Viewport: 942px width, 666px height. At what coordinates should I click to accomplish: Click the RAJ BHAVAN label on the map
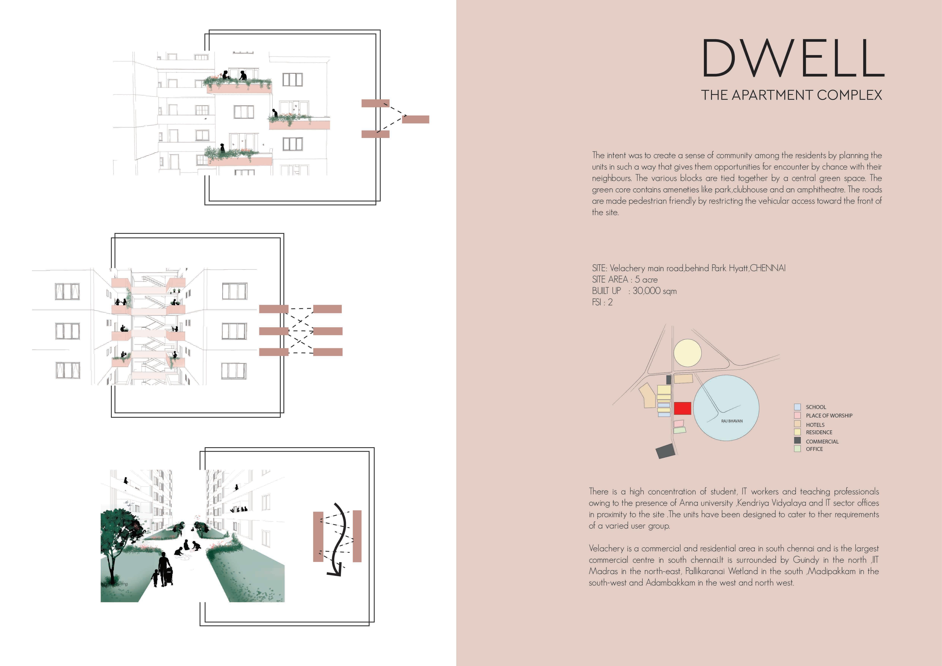(732, 421)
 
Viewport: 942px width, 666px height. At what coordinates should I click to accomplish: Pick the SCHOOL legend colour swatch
(797, 407)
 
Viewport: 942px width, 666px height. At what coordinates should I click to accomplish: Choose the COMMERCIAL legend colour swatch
(797, 440)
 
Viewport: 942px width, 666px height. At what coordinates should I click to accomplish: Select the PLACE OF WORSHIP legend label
(829, 415)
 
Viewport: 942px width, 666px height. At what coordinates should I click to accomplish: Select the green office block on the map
(679, 430)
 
